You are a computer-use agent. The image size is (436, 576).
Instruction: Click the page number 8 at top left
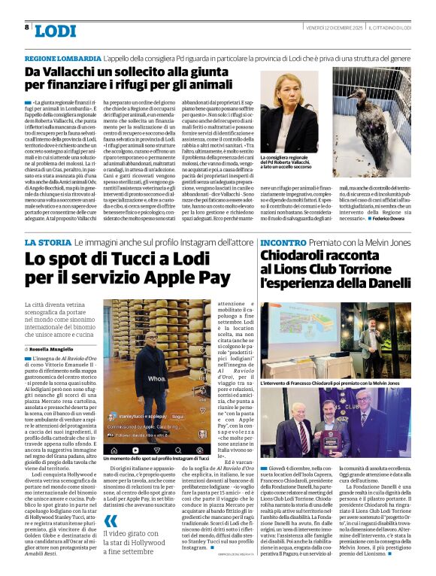27,27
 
